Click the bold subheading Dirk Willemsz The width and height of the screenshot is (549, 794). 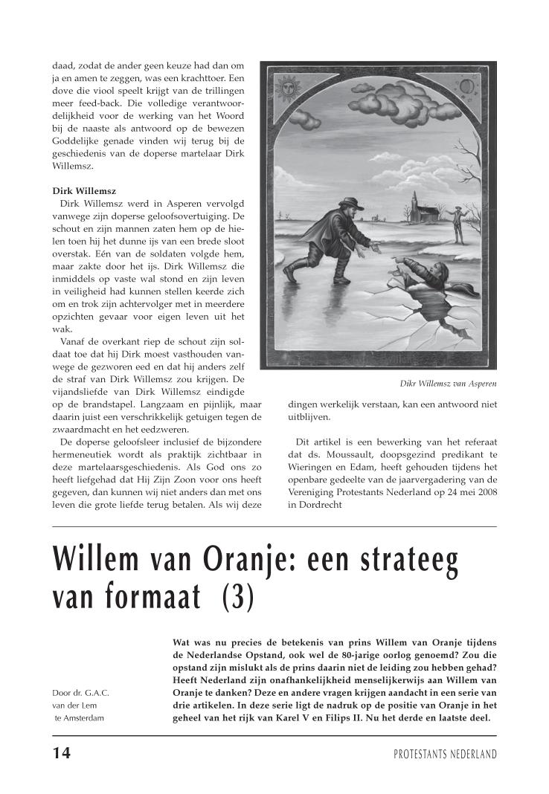click(x=84, y=191)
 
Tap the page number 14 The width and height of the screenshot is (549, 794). click(x=62, y=753)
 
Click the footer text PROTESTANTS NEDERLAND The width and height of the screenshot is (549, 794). click(x=445, y=755)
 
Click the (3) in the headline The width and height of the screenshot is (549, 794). click(x=238, y=598)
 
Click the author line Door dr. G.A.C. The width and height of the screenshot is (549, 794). click(x=81, y=693)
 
